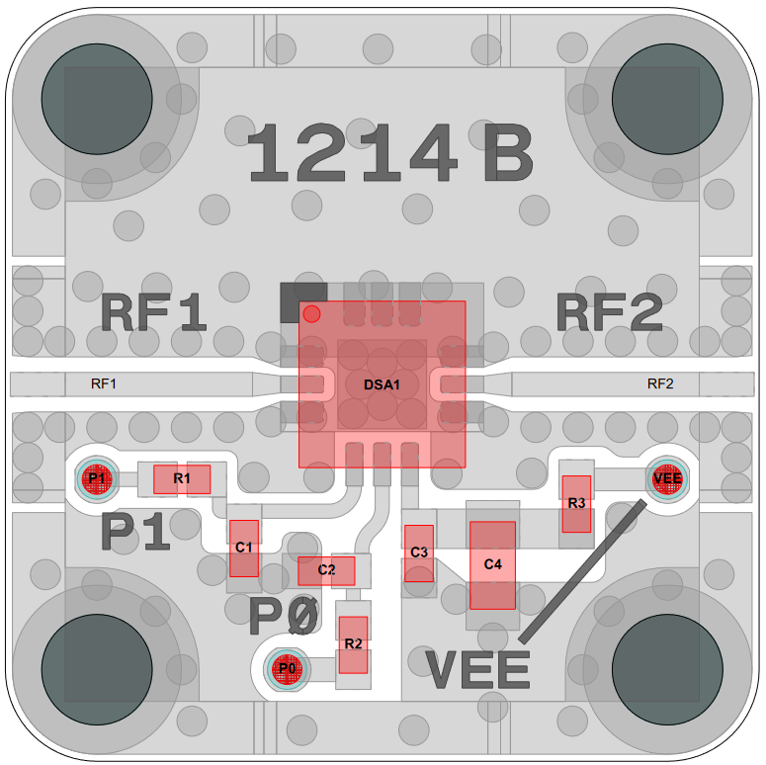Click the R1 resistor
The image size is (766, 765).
tap(182, 479)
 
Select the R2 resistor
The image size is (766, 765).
tap(353, 644)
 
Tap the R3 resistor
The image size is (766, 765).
tap(576, 503)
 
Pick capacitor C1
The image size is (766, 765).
tap(244, 548)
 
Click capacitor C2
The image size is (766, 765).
tap(326, 570)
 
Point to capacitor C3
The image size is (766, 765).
tap(419, 552)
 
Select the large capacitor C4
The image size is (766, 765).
tap(492, 564)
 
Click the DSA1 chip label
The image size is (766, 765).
tap(382, 384)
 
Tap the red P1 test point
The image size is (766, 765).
tap(97, 479)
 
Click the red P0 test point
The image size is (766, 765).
tap(287, 669)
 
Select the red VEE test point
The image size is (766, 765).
tap(668, 478)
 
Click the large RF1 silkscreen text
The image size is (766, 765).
tap(154, 314)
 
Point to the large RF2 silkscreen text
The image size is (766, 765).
tap(609, 314)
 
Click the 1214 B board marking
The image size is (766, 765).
tap(389, 154)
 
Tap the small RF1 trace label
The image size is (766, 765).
tap(104, 383)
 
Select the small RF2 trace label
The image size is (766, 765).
tap(660, 383)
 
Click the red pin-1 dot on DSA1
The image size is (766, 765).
tap(311, 314)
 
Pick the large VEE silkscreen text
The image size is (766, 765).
tap(478, 669)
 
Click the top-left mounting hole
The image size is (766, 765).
tap(96, 98)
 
